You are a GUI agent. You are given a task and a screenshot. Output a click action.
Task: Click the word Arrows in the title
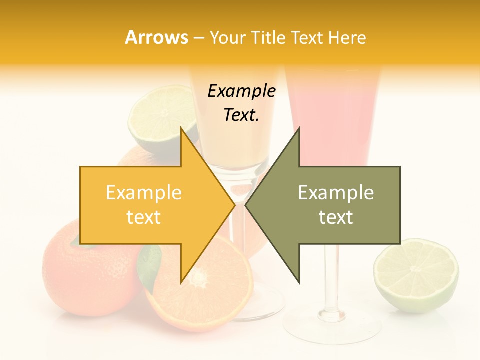pos(156,37)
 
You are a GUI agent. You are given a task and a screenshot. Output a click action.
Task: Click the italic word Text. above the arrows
pos(241,115)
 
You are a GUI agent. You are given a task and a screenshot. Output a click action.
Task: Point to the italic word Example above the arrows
pos(241,91)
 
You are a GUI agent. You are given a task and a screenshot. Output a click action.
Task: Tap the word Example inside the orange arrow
pos(144,193)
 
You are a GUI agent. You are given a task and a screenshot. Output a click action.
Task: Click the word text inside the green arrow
pos(336,217)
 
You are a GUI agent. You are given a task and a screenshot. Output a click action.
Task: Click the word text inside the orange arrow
pos(144,217)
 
